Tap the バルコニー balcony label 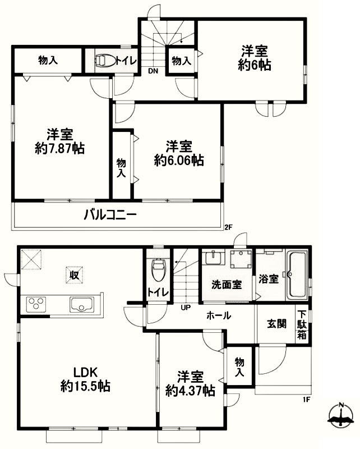110,214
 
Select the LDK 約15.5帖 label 86,380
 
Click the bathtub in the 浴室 298,276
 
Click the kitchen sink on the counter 82,305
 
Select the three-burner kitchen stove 36,305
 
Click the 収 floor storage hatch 75,275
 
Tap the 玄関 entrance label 276,324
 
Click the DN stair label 153,71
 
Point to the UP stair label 186,308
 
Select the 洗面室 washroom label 227,285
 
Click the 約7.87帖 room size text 59,149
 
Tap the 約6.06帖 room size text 179,161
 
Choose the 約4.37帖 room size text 190,391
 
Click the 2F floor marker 228,228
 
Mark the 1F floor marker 307,400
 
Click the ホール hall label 219,316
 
